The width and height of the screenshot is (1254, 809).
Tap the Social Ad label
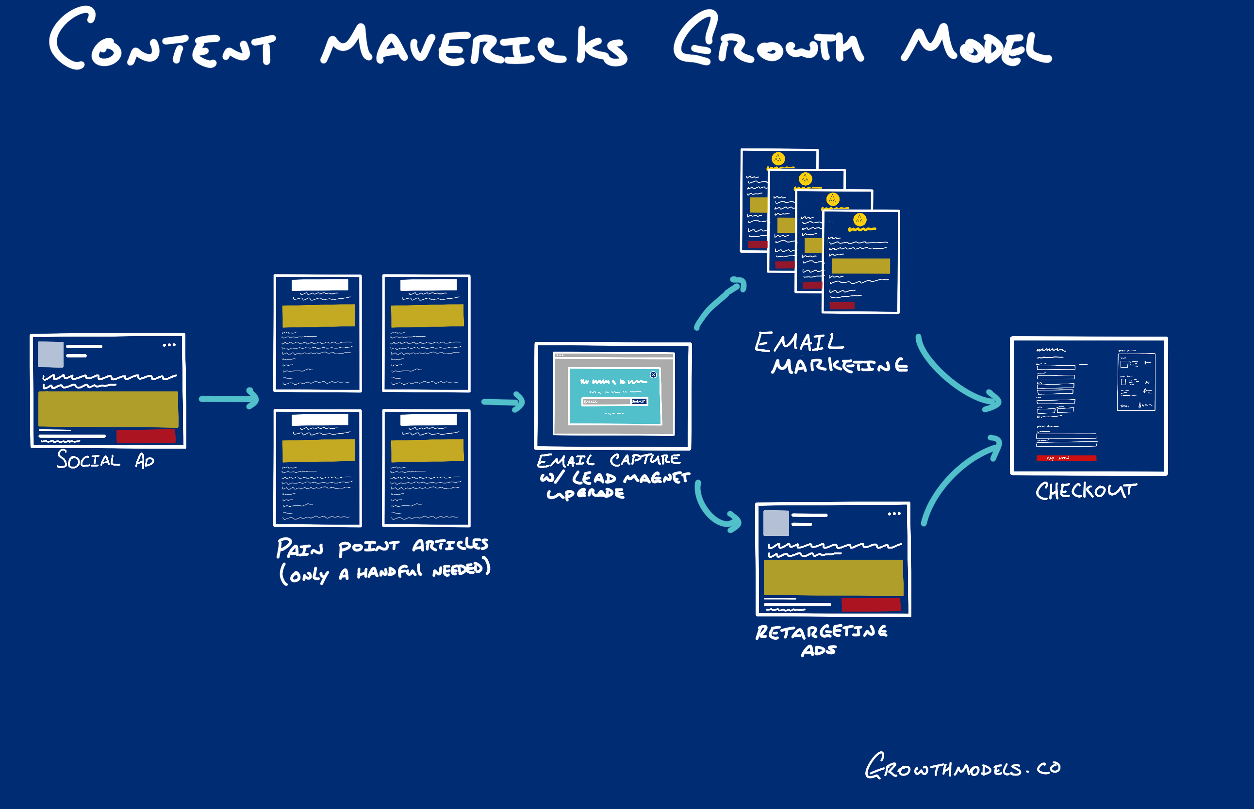click(105, 460)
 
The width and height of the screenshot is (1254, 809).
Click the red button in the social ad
click(146, 436)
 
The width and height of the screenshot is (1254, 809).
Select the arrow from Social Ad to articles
click(229, 399)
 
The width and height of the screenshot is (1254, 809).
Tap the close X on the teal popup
click(653, 374)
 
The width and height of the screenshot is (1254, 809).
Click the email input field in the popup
click(606, 402)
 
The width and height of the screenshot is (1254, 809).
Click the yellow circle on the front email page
click(859, 219)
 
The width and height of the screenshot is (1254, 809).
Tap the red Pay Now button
click(1066, 458)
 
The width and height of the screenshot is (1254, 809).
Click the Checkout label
click(1085, 491)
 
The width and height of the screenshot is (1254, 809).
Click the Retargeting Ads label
click(821, 639)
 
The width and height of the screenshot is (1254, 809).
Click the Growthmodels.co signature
click(962, 767)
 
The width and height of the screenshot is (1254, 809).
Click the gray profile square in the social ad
click(50, 354)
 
